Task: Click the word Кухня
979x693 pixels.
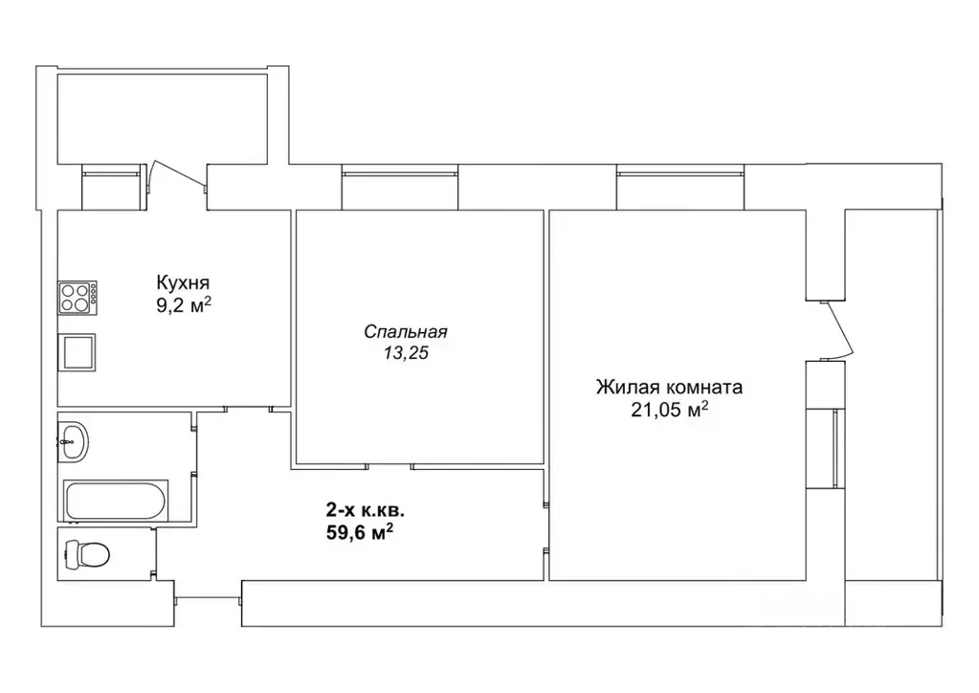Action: pyautogui.click(x=183, y=282)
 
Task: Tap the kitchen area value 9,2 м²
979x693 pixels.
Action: pyautogui.click(x=184, y=306)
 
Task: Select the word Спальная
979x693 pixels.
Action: pyautogui.click(x=406, y=331)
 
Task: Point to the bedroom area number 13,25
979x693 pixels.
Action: pyautogui.click(x=406, y=353)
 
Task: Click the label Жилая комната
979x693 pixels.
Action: pyautogui.click(x=669, y=387)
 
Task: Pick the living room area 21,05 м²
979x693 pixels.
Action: pyautogui.click(x=669, y=410)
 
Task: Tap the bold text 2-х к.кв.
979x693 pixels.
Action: pyautogui.click(x=366, y=511)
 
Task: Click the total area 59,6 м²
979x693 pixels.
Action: pyautogui.click(x=360, y=532)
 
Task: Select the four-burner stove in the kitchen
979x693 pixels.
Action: pyautogui.click(x=78, y=297)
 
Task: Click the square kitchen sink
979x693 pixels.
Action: pyautogui.click(x=77, y=352)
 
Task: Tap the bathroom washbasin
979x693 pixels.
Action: pyautogui.click(x=73, y=441)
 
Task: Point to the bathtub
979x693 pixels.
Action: pyautogui.click(x=116, y=500)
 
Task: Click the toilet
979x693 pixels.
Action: pyautogui.click(x=87, y=554)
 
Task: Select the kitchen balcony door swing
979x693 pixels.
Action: pyautogui.click(x=178, y=175)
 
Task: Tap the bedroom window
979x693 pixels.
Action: pyautogui.click(x=400, y=188)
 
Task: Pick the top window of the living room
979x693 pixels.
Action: pyautogui.click(x=679, y=188)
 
